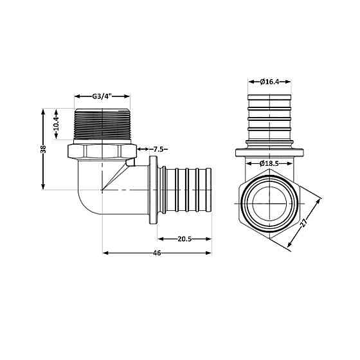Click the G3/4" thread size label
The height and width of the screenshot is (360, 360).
point(102,96)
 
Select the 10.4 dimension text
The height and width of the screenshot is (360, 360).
point(57,122)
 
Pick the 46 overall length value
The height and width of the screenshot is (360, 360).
point(156,253)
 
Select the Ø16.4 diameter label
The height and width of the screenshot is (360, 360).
point(270,82)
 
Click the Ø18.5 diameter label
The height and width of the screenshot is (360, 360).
point(270,164)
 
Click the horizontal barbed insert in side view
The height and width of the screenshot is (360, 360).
point(186,190)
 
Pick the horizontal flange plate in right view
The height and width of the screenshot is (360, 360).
point(270,153)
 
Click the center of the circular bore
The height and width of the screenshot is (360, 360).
point(270,204)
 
